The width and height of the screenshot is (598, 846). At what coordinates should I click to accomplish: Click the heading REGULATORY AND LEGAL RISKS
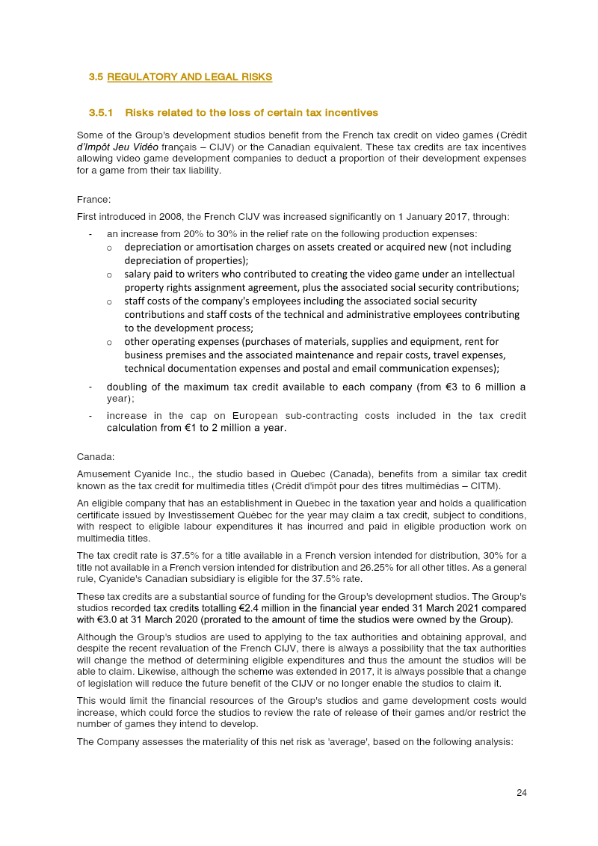(x=189, y=77)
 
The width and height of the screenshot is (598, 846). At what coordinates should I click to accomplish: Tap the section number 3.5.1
(x=100, y=113)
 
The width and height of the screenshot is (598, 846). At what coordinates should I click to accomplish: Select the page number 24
(x=522, y=793)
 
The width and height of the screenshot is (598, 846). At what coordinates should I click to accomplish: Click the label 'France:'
(x=93, y=200)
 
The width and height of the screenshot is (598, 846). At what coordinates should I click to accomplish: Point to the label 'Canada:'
(x=95, y=456)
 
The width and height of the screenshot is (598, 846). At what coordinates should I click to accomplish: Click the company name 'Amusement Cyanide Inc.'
(x=124, y=474)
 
